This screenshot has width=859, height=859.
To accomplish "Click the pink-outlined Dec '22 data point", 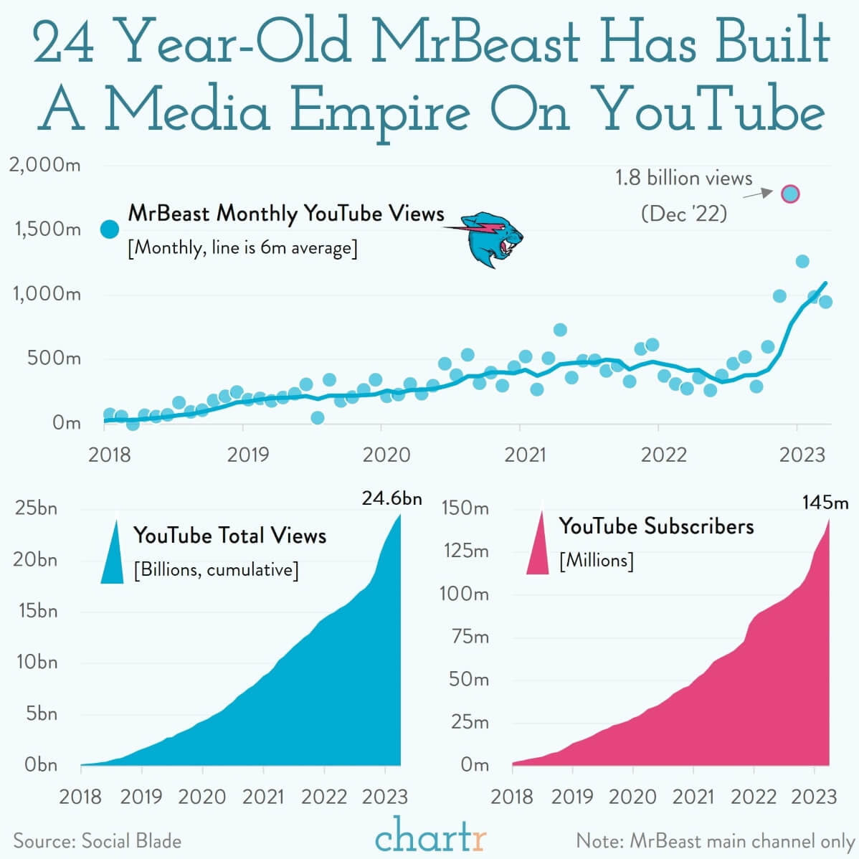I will [789, 194].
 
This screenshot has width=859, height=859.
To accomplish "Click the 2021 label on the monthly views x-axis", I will [525, 455].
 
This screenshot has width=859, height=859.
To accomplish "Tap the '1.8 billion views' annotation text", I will [683, 178].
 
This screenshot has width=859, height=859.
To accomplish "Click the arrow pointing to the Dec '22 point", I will [757, 194].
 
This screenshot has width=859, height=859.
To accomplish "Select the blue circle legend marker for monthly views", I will [110, 229].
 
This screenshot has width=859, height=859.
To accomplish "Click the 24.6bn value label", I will [391, 498].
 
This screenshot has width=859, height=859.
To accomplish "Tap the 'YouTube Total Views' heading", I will [229, 536].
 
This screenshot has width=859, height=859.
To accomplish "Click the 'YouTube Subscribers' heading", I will [656, 526].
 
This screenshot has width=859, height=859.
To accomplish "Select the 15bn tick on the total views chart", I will [36, 611].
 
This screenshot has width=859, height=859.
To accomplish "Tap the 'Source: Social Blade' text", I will [98, 841].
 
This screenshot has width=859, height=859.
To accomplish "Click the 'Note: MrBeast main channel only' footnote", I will [715, 841].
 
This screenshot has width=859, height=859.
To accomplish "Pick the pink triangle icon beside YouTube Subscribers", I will [538, 546].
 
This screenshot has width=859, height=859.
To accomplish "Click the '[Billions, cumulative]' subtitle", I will [216, 570].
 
